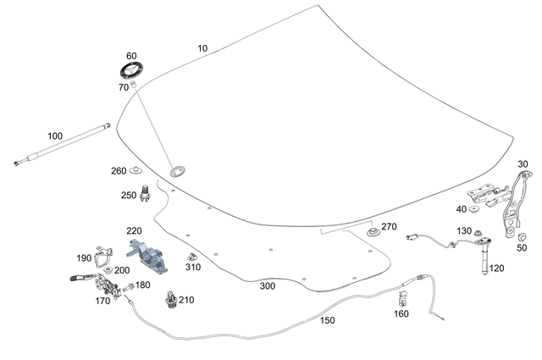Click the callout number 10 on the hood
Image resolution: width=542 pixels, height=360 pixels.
[202, 49]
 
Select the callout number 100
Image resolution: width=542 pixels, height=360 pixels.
[55, 136]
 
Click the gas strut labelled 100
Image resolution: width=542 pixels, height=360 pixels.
[64, 142]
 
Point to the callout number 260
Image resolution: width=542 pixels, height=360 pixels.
[119, 170]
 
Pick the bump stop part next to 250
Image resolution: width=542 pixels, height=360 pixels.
[146, 192]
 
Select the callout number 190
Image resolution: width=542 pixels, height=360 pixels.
[84, 258]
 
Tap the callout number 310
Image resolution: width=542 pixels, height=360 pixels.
[193, 268]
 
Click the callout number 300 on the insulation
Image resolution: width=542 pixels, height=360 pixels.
[268, 286]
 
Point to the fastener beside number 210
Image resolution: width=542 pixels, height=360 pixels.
[174, 299]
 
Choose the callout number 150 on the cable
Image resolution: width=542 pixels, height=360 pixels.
[327, 321]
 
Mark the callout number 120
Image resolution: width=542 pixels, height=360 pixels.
[496, 268]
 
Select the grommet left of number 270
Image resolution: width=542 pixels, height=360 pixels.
[371, 230]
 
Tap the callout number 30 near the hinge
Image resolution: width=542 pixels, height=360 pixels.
[523, 163]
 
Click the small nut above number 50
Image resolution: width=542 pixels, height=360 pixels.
[521, 237]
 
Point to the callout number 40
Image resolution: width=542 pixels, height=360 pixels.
[462, 209]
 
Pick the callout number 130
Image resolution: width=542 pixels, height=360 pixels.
[464, 231]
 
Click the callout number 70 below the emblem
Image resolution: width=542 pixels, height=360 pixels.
[123, 87]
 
